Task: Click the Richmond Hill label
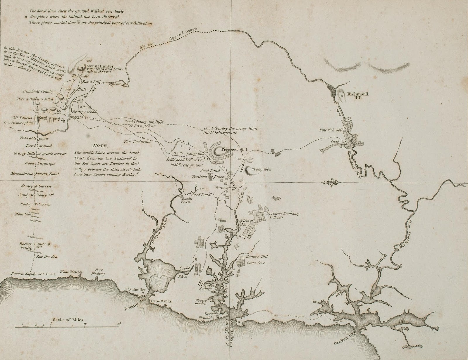357,96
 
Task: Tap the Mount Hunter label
98,66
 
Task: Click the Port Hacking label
98,272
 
